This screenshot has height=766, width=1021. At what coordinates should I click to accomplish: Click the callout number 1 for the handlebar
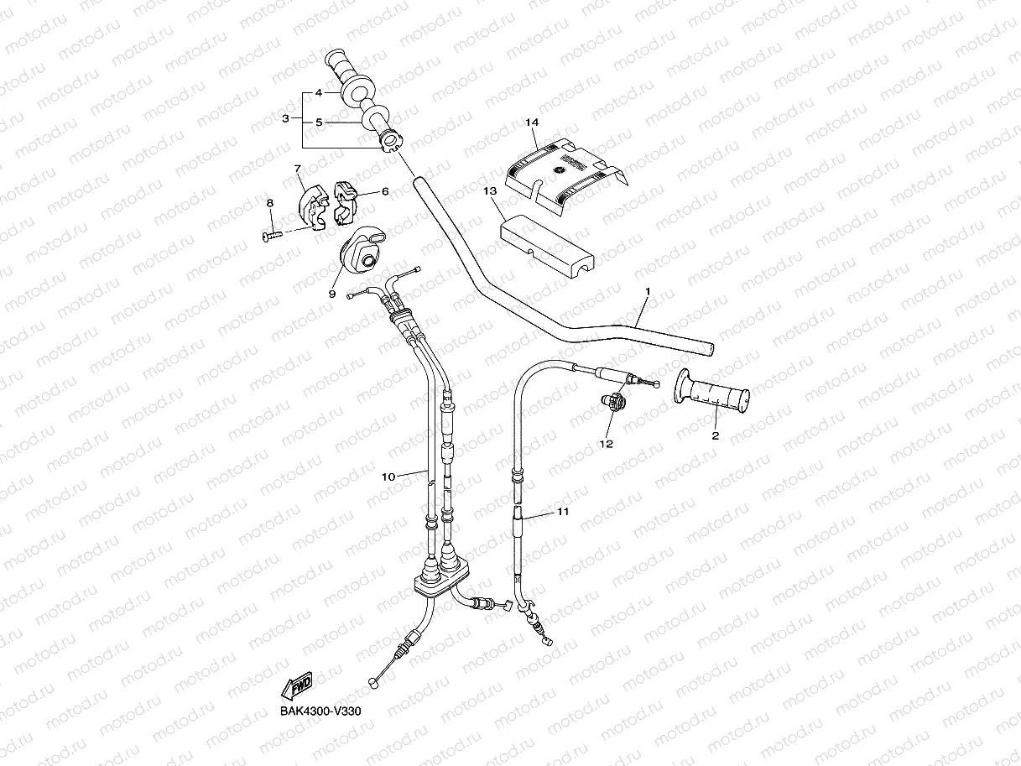pyautogui.click(x=648, y=291)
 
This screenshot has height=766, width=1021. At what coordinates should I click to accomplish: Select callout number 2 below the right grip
pyautogui.click(x=715, y=435)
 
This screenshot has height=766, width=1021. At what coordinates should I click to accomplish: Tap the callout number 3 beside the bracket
pyautogui.click(x=286, y=118)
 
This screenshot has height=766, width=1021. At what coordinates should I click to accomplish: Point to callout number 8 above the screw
pyautogui.click(x=270, y=204)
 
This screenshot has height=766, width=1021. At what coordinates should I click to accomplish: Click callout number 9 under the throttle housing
pyautogui.click(x=331, y=294)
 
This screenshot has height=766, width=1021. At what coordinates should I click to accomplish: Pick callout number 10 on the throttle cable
pyautogui.click(x=388, y=477)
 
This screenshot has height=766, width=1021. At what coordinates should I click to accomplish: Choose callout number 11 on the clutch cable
pyautogui.click(x=563, y=511)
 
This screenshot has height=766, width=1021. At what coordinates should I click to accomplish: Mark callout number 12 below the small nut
pyautogui.click(x=606, y=443)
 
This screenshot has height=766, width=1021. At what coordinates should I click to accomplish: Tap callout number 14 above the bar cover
pyautogui.click(x=531, y=123)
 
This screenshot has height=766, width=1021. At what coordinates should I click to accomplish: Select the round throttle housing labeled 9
pyautogui.click(x=358, y=249)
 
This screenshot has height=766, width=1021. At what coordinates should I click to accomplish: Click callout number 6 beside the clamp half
pyautogui.click(x=385, y=191)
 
